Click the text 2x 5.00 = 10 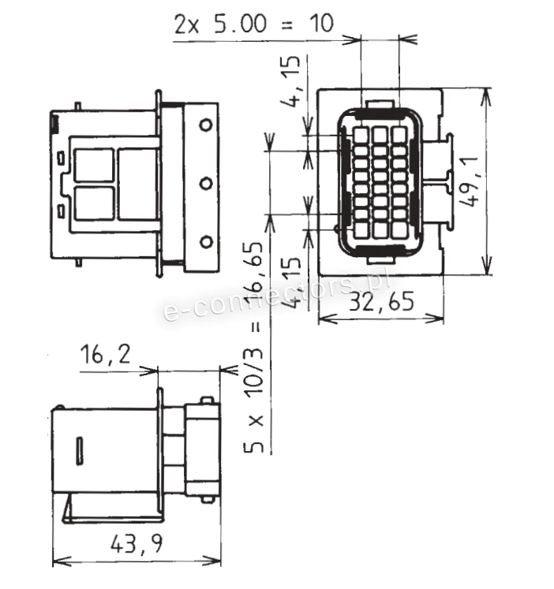point(253,24)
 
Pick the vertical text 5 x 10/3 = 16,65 point(254,348)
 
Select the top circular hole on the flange point(205,125)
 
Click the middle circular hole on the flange point(205,184)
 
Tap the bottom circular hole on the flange point(205,242)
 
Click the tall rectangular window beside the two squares point(138,185)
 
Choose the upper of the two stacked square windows point(94,166)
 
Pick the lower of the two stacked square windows point(94,203)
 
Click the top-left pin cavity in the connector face point(360,135)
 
